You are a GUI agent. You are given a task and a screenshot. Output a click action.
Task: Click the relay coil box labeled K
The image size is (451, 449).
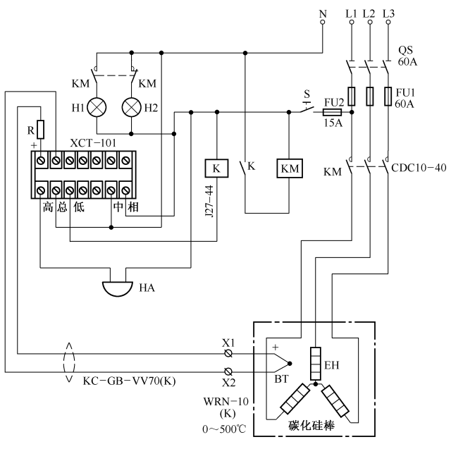(x=216, y=168)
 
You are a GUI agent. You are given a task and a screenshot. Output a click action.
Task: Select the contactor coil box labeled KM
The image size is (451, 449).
(x=290, y=168)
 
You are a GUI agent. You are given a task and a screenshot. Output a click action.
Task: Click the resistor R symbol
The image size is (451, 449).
(x=40, y=130)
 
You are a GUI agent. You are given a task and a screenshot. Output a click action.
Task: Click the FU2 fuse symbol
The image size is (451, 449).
(x=333, y=111)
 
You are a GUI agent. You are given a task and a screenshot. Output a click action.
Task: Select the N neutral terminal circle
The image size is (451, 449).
(x=323, y=23)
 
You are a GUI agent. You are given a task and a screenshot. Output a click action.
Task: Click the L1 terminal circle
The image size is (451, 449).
(x=352, y=23)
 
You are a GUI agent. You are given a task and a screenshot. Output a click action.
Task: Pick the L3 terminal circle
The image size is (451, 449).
(x=389, y=23)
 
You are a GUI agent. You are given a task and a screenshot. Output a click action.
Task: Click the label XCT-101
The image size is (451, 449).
(x=93, y=142)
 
